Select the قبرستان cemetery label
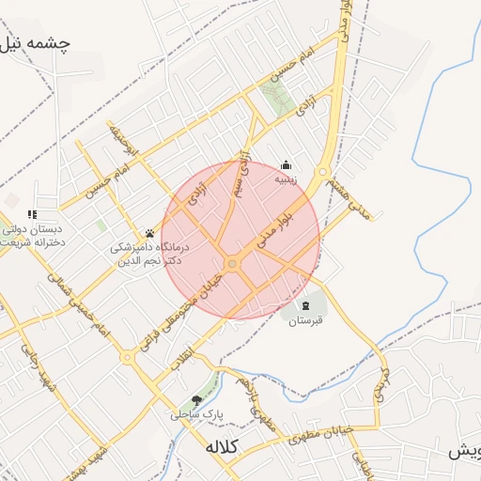(304, 320)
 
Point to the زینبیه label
(287, 176)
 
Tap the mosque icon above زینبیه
(287, 163)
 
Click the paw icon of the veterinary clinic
(149, 233)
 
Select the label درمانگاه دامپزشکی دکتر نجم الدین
(148, 254)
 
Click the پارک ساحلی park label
(194, 412)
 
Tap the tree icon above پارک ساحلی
(196, 399)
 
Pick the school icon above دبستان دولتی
(33, 215)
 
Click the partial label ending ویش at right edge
(464, 452)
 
